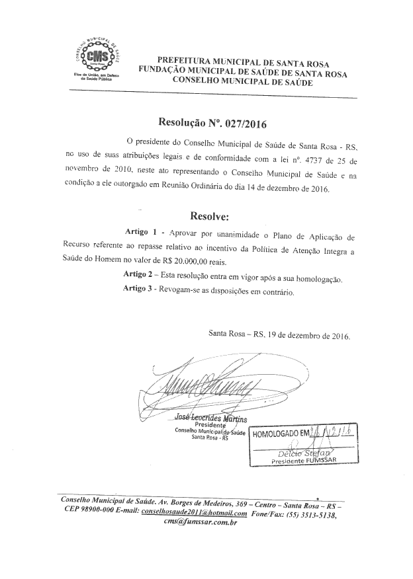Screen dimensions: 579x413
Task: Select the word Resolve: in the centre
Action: click(x=209, y=216)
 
